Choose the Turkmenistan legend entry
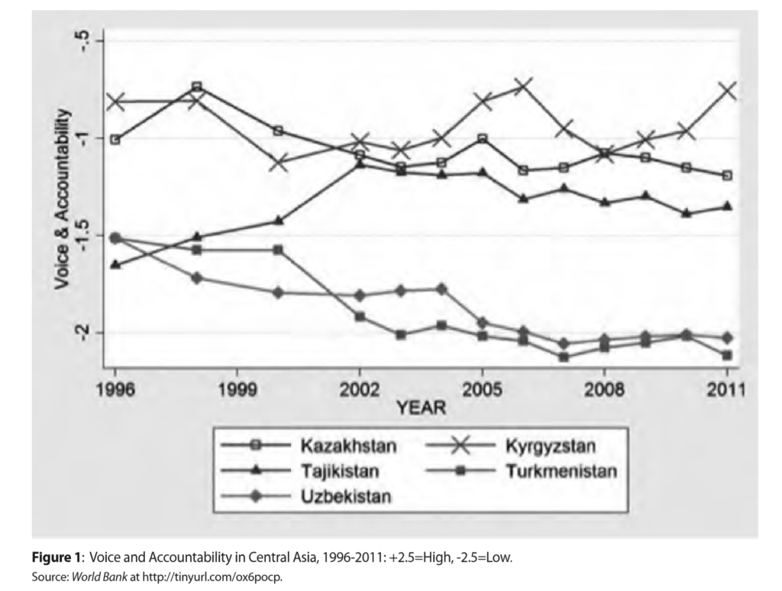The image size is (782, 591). [x=560, y=470]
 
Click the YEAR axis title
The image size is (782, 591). [x=421, y=409]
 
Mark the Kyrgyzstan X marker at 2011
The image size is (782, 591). [x=727, y=90]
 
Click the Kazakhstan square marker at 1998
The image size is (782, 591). [x=197, y=87]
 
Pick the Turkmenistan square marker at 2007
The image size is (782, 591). [x=564, y=357]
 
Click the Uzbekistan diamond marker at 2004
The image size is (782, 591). [x=441, y=289]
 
